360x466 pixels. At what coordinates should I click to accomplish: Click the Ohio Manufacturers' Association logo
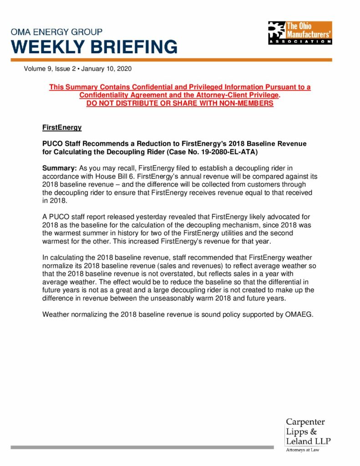[299, 32]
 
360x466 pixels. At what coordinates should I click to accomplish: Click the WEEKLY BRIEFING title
[94, 47]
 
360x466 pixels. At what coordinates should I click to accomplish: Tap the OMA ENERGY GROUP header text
[57, 32]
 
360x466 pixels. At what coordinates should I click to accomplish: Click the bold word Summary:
[60, 168]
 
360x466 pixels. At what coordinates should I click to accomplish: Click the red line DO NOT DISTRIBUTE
[180, 103]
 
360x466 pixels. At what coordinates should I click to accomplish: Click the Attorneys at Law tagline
[302, 450]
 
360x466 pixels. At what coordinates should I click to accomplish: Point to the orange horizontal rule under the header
[171, 60]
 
